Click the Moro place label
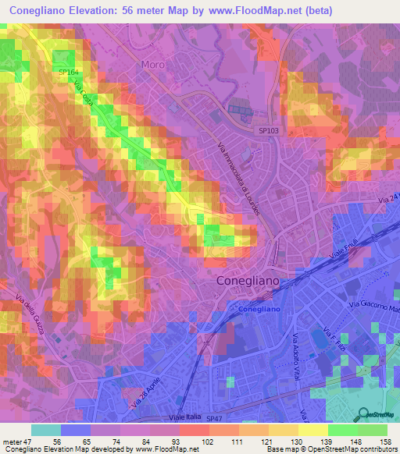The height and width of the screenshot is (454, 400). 152,65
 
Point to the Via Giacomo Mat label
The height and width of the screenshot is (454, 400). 373,304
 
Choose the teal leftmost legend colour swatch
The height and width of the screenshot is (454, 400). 45,430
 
